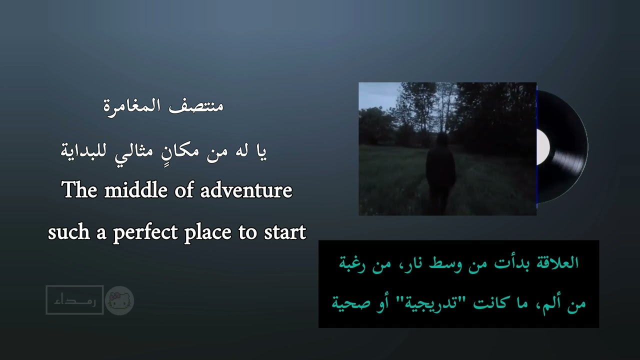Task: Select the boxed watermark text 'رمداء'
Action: (74, 300)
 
